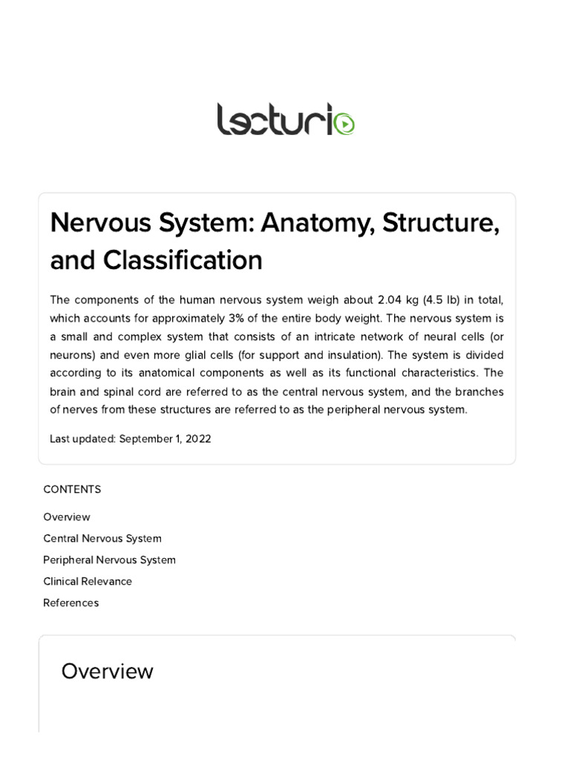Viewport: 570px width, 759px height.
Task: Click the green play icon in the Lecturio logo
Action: [x=344, y=124]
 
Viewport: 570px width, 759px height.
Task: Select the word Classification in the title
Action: [x=183, y=260]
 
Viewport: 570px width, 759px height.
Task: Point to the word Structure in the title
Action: [x=439, y=223]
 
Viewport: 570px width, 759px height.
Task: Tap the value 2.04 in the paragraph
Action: [x=390, y=299]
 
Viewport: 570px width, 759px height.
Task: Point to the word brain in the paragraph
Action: [x=64, y=391]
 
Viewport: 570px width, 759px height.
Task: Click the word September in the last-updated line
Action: [x=145, y=439]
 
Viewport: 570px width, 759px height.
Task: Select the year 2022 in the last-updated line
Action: [x=198, y=439]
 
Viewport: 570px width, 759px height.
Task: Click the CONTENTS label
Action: [x=72, y=489]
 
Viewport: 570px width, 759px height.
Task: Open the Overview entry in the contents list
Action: [x=67, y=517]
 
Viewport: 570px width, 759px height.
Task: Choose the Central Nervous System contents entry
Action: [x=102, y=538]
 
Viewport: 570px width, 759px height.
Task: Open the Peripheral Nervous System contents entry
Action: [x=109, y=560]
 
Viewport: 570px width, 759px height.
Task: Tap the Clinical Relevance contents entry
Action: [x=88, y=581]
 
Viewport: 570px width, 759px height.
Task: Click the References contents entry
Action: [x=71, y=603]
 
